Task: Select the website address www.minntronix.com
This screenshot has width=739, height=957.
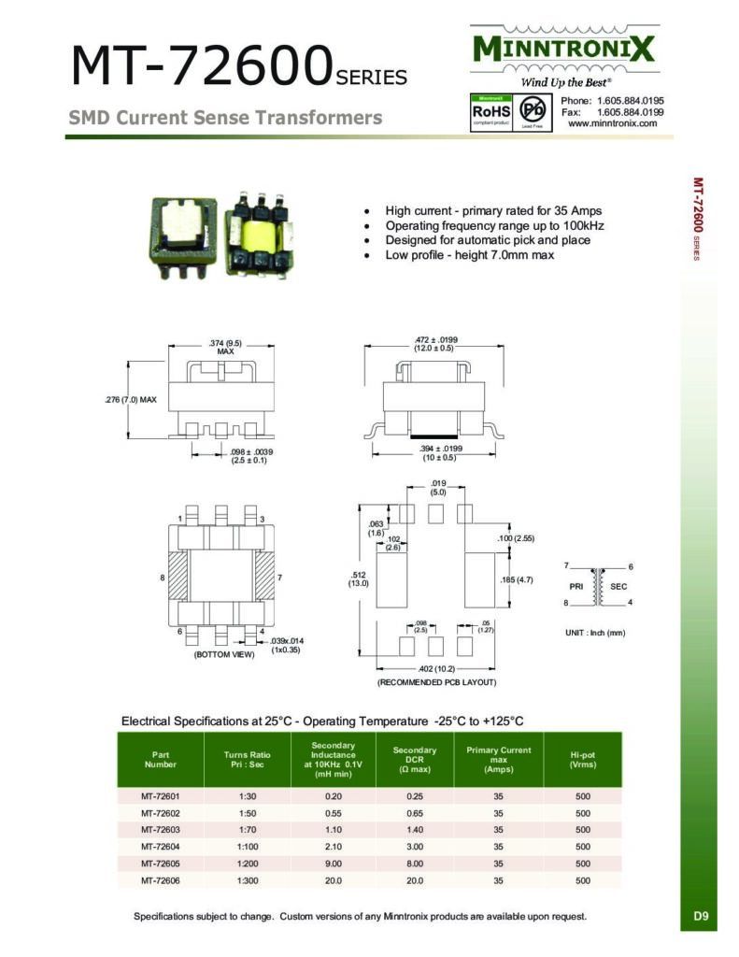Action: pyautogui.click(x=612, y=122)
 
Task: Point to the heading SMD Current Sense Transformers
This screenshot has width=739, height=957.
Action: pyautogui.click(x=225, y=118)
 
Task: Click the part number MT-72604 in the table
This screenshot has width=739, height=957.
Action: pyautogui.click(x=160, y=846)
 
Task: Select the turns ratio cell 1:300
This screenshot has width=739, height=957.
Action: pyautogui.click(x=247, y=880)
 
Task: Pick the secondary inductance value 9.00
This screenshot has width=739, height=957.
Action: pyautogui.click(x=334, y=864)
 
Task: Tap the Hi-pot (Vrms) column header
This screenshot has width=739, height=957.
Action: pyautogui.click(x=583, y=759)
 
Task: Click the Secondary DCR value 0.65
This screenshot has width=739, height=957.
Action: pyautogui.click(x=415, y=813)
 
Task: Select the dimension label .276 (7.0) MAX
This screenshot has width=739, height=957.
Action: pyautogui.click(x=130, y=400)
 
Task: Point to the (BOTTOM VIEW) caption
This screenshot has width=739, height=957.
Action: pyautogui.click(x=223, y=655)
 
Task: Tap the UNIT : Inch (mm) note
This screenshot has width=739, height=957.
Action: pyautogui.click(x=594, y=633)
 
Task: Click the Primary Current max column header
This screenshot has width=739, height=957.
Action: pyautogui.click(x=498, y=759)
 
